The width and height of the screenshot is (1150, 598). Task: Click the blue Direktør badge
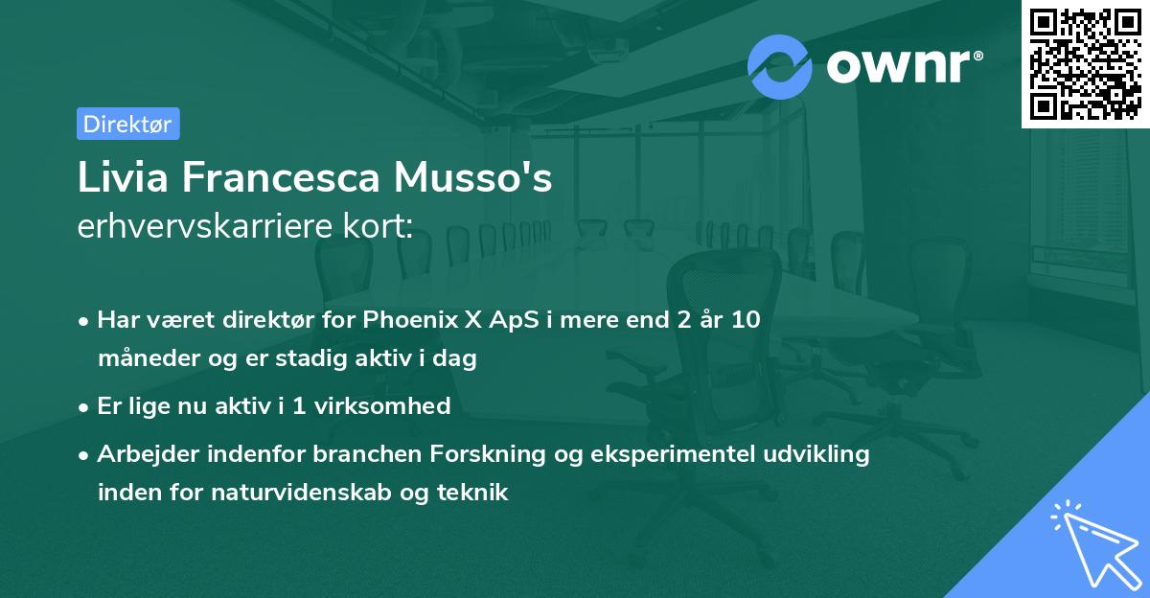pos(127,124)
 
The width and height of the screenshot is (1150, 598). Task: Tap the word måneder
pos(142,359)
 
